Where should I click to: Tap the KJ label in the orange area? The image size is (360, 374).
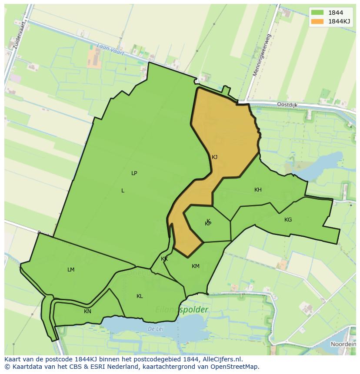tap(214, 157)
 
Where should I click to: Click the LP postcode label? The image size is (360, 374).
tap(134, 173)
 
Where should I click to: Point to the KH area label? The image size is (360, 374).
tap(258, 190)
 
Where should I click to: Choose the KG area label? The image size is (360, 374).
tap(288, 220)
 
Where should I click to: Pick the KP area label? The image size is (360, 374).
tap(208, 224)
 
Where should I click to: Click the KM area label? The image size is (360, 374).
tap(196, 266)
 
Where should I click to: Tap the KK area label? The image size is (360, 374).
tap(164, 259)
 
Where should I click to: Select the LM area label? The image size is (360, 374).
tap(71, 270)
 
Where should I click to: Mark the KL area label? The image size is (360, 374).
tap(140, 296)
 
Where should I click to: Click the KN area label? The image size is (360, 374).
tap(87, 311)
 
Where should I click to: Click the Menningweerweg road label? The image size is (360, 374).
tap(262, 56)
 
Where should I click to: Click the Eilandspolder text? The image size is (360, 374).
tap(182, 310)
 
